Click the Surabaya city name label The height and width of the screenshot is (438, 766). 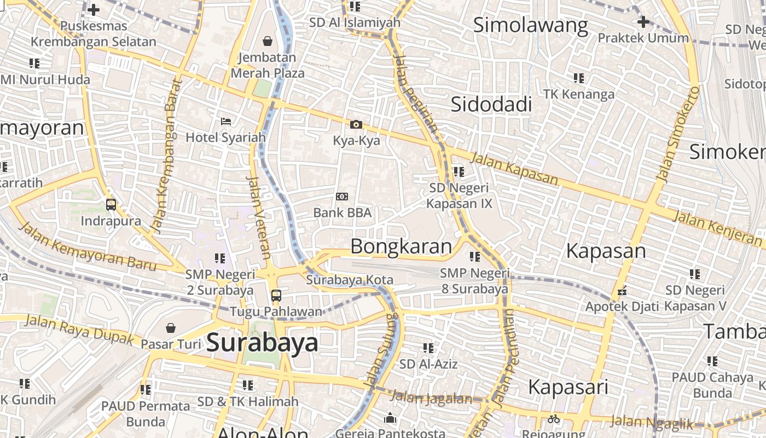pyautogui.click(x=263, y=343)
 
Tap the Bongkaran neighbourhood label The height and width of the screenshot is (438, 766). pyautogui.click(x=401, y=246)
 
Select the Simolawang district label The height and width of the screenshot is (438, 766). pyautogui.click(x=530, y=25)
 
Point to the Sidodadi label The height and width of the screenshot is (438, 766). pyautogui.click(x=491, y=104)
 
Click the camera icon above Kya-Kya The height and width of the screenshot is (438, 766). pyautogui.click(x=356, y=125)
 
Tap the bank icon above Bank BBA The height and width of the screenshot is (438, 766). pyautogui.click(x=342, y=197)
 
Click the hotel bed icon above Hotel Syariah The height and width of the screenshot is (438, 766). pyautogui.click(x=225, y=121)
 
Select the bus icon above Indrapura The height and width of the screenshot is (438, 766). pyautogui.click(x=111, y=205)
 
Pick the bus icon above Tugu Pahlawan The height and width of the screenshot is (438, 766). pyautogui.click(x=276, y=296)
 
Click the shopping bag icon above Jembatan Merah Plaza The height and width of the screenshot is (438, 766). pyautogui.click(x=268, y=41)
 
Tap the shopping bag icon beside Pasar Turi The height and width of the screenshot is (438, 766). pyautogui.click(x=171, y=328)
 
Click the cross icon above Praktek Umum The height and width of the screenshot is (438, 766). pyautogui.click(x=643, y=22)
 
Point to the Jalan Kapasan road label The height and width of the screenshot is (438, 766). pyautogui.click(x=514, y=169)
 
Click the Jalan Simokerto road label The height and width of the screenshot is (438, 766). pyautogui.click(x=678, y=134)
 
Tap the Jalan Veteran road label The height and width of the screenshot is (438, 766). pyautogui.click(x=258, y=217)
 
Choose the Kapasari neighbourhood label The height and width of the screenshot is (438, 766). pyautogui.click(x=568, y=387)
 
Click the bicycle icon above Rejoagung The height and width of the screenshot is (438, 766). pyautogui.click(x=554, y=419)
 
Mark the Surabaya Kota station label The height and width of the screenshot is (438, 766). pyautogui.click(x=350, y=280)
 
